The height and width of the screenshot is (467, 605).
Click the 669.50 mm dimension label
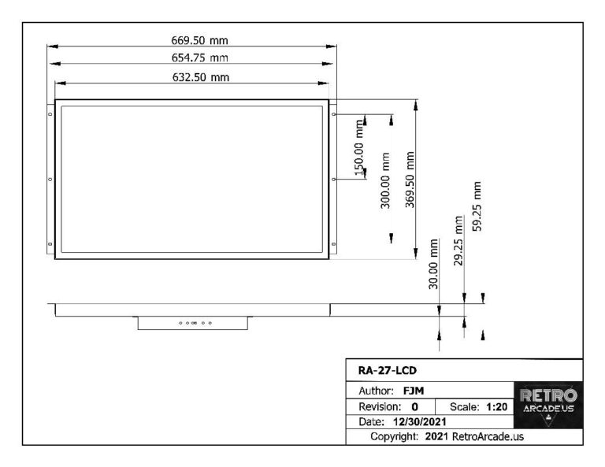tap(194, 40)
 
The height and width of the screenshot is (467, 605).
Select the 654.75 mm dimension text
tap(194, 57)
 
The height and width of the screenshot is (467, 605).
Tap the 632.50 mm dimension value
tap(194, 76)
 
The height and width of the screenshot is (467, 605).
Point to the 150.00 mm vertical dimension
tap(359, 147)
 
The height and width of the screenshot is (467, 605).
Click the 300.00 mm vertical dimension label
tap(386, 180)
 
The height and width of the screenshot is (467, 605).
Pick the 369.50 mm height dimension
tap(410, 179)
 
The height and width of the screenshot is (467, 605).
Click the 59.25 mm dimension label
tap(477, 206)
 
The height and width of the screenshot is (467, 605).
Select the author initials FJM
tap(414, 390)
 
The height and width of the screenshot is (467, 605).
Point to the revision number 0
tap(414, 407)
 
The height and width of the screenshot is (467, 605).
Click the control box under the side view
tap(192, 323)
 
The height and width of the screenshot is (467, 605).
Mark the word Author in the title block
tap(376, 390)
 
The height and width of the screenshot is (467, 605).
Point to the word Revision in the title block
tap(380, 407)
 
